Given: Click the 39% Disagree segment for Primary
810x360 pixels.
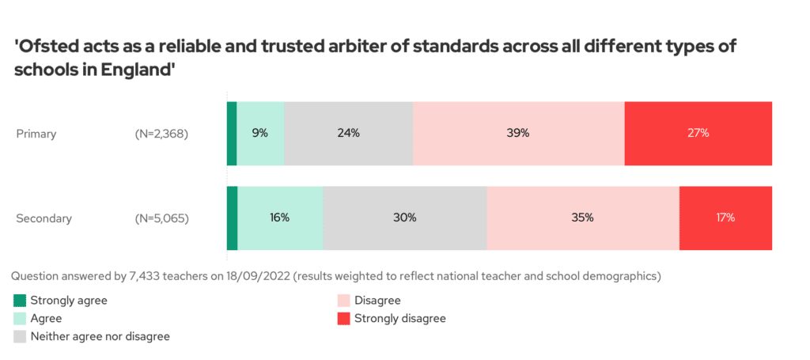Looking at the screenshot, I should click(x=518, y=134).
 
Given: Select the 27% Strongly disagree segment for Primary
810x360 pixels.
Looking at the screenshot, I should click(x=698, y=134).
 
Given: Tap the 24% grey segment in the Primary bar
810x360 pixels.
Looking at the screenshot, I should click(x=348, y=134).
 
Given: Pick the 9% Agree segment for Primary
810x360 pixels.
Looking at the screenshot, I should click(x=260, y=134).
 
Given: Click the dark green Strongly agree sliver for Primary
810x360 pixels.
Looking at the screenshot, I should click(x=232, y=134).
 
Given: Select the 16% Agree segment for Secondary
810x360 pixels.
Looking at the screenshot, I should click(x=280, y=218).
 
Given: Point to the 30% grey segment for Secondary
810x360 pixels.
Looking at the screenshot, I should click(x=404, y=218).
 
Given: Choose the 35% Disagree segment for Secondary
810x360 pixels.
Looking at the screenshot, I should click(x=583, y=218).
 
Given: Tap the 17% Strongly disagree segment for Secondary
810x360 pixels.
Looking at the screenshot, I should click(x=725, y=218).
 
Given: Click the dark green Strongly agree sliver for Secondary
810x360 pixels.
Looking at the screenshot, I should click(x=232, y=218).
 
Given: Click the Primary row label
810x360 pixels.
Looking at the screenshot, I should click(x=36, y=134).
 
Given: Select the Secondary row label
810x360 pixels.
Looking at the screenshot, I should click(x=44, y=218).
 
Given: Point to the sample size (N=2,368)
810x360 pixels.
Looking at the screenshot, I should click(x=161, y=134).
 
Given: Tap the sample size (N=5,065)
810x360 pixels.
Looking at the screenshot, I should click(x=161, y=218).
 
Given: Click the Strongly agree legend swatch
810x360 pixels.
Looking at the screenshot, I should click(x=20, y=301).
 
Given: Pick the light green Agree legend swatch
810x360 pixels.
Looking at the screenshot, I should click(x=20, y=318).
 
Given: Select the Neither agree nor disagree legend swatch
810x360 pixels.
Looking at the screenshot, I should click(x=20, y=336).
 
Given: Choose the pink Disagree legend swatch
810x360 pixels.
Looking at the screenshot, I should click(x=343, y=301).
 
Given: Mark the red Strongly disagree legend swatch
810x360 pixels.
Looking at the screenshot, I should click(x=343, y=318).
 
